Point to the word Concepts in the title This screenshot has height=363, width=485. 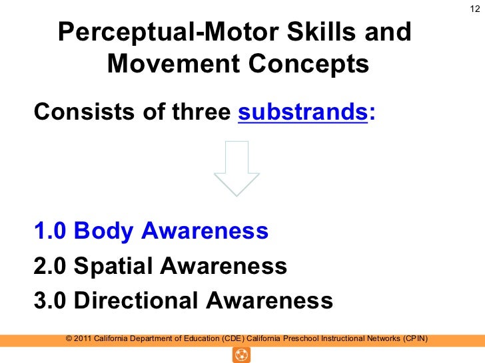tap(308, 64)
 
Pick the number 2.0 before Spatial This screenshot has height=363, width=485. tap(51, 266)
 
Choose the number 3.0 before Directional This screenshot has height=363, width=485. tap(51, 301)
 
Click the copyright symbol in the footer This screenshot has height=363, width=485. tap(70, 338)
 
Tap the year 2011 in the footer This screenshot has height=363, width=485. tap(83, 338)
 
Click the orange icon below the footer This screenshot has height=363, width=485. tap(241, 355)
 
